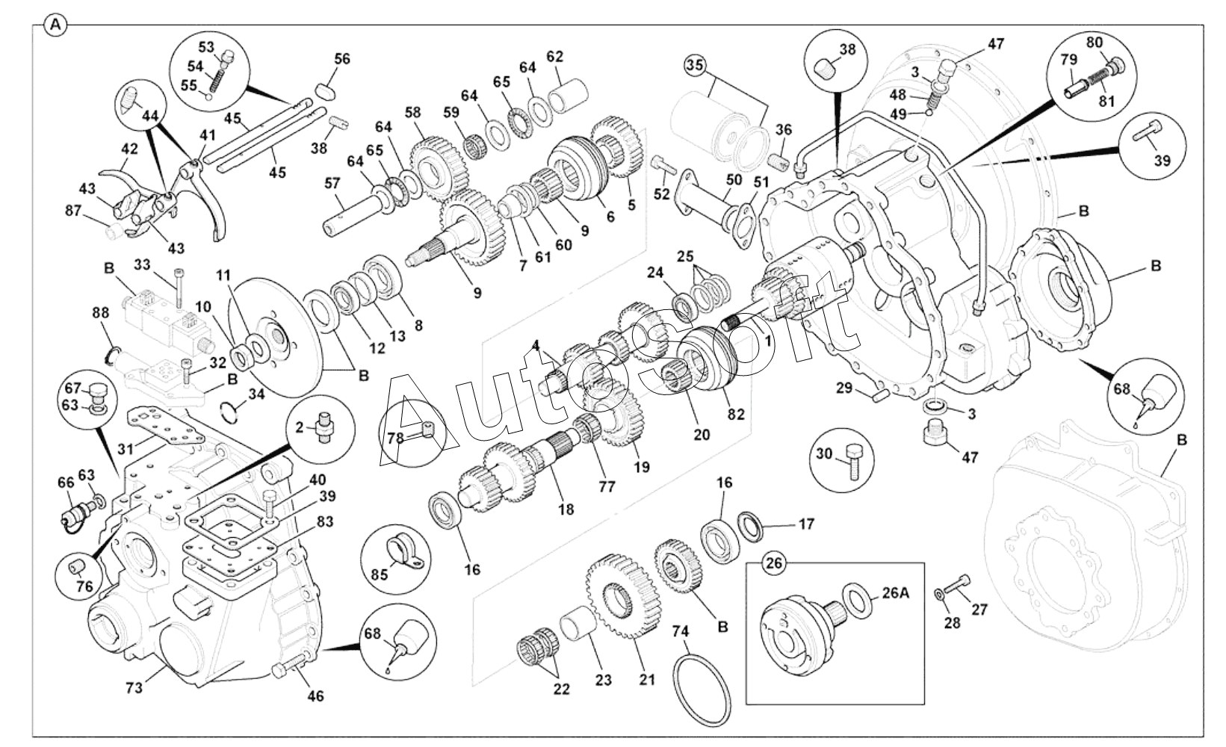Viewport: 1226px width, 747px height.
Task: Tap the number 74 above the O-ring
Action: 680,631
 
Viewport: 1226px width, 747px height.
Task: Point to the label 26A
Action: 895,594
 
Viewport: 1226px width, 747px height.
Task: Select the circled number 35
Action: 695,65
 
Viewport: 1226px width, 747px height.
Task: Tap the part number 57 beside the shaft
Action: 332,183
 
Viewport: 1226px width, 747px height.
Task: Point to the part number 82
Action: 736,413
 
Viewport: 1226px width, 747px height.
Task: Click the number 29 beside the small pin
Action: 843,388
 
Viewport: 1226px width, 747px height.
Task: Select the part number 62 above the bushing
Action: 554,57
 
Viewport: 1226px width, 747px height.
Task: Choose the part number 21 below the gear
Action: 647,679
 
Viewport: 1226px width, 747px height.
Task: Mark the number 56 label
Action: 341,59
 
